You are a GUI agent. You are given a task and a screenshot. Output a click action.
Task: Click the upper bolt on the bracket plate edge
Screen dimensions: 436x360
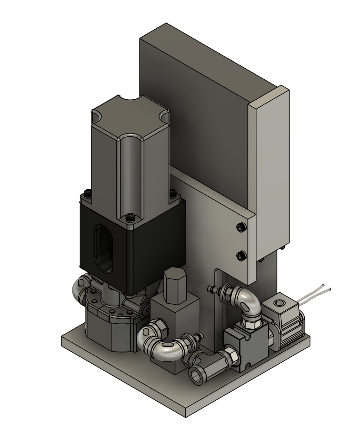pos(240,227)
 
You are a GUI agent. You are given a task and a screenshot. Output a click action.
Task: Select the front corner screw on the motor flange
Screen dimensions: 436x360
pos(130,217)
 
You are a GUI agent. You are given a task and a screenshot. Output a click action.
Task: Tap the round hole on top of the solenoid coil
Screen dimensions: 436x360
pos(278,304)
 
